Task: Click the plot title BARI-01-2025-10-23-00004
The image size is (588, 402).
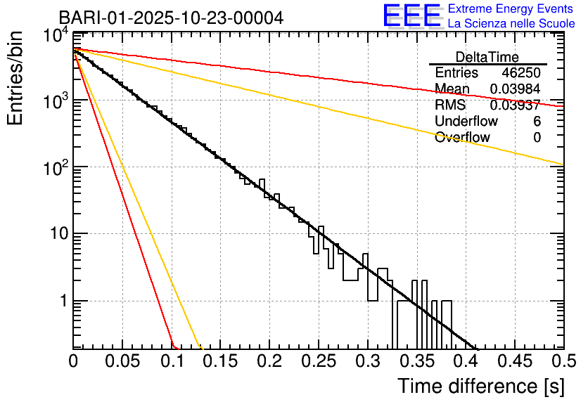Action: tap(171, 18)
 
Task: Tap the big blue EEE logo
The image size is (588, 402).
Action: tap(412, 16)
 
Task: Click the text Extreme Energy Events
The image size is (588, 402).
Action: tap(511, 9)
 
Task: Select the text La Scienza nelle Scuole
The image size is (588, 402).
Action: tap(511, 23)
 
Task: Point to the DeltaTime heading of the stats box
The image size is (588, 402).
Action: tap(487, 57)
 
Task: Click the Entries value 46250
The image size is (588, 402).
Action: tap(521, 73)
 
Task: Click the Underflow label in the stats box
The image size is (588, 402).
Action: tap(466, 122)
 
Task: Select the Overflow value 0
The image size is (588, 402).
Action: tap(537, 138)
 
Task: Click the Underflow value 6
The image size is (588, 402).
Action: tap(537, 122)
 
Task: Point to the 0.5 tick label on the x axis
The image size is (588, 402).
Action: tap(563, 361)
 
